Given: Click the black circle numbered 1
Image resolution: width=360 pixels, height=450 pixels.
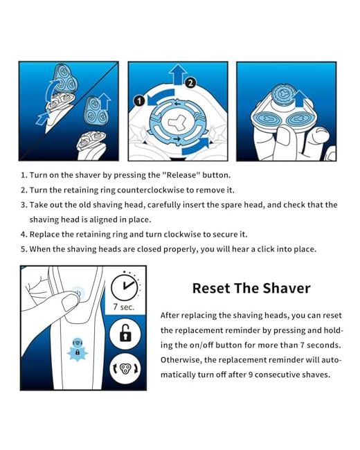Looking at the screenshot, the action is pyautogui.click(x=140, y=101).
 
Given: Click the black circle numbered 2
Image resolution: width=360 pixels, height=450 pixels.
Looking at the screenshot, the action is pyautogui.click(x=190, y=83).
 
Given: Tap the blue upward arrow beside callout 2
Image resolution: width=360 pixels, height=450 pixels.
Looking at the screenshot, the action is pyautogui.click(x=178, y=74).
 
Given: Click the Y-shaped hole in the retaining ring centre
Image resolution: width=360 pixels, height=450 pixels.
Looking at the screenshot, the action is pyautogui.click(x=177, y=123).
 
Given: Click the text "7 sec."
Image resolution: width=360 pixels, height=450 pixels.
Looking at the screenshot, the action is pyautogui.click(x=124, y=307).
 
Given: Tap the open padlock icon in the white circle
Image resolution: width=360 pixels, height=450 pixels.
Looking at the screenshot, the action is pyautogui.click(x=125, y=333).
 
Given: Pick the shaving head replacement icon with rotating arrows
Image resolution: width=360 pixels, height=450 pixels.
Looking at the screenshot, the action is pyautogui.click(x=125, y=368).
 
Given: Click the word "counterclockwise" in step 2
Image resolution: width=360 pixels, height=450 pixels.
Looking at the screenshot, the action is pyautogui.click(x=151, y=190).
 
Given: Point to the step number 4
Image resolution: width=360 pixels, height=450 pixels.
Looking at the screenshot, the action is pyautogui.click(x=24, y=235).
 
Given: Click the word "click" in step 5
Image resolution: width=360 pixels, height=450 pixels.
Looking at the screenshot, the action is pyautogui.click(x=266, y=249).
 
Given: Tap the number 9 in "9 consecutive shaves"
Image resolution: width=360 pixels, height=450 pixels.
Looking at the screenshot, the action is pyautogui.click(x=251, y=375).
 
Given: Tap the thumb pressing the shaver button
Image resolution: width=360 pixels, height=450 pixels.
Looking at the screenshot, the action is pyautogui.click(x=71, y=301).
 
